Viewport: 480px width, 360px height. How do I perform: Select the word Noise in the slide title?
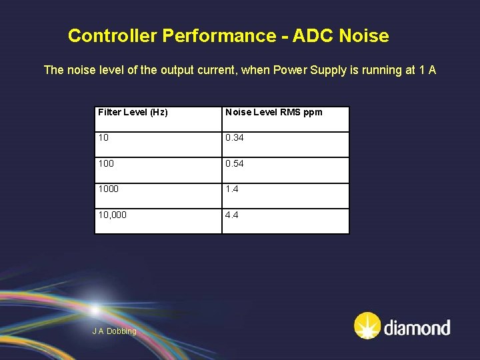pyautogui.click(x=364, y=35)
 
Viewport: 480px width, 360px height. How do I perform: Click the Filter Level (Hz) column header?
pyautogui.click(x=133, y=112)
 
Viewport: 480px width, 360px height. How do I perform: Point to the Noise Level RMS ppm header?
pyautogui.click(x=273, y=112)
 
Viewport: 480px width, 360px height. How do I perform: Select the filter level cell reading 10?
pyautogui.click(x=104, y=138)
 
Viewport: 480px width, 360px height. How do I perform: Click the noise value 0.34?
pyautogui.click(x=235, y=138)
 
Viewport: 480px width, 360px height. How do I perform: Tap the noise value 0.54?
pyautogui.click(x=235, y=163)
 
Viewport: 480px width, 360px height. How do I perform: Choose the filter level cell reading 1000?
pyautogui.click(x=109, y=189)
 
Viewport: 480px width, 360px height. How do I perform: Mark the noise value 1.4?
pyautogui.click(x=232, y=189)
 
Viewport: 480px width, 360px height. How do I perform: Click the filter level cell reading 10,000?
pyautogui.click(x=112, y=215)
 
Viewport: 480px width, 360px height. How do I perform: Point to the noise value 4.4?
pyautogui.click(x=232, y=215)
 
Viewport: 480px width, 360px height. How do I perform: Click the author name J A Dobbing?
pyautogui.click(x=114, y=331)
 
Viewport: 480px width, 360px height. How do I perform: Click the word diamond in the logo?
pyautogui.click(x=417, y=327)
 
